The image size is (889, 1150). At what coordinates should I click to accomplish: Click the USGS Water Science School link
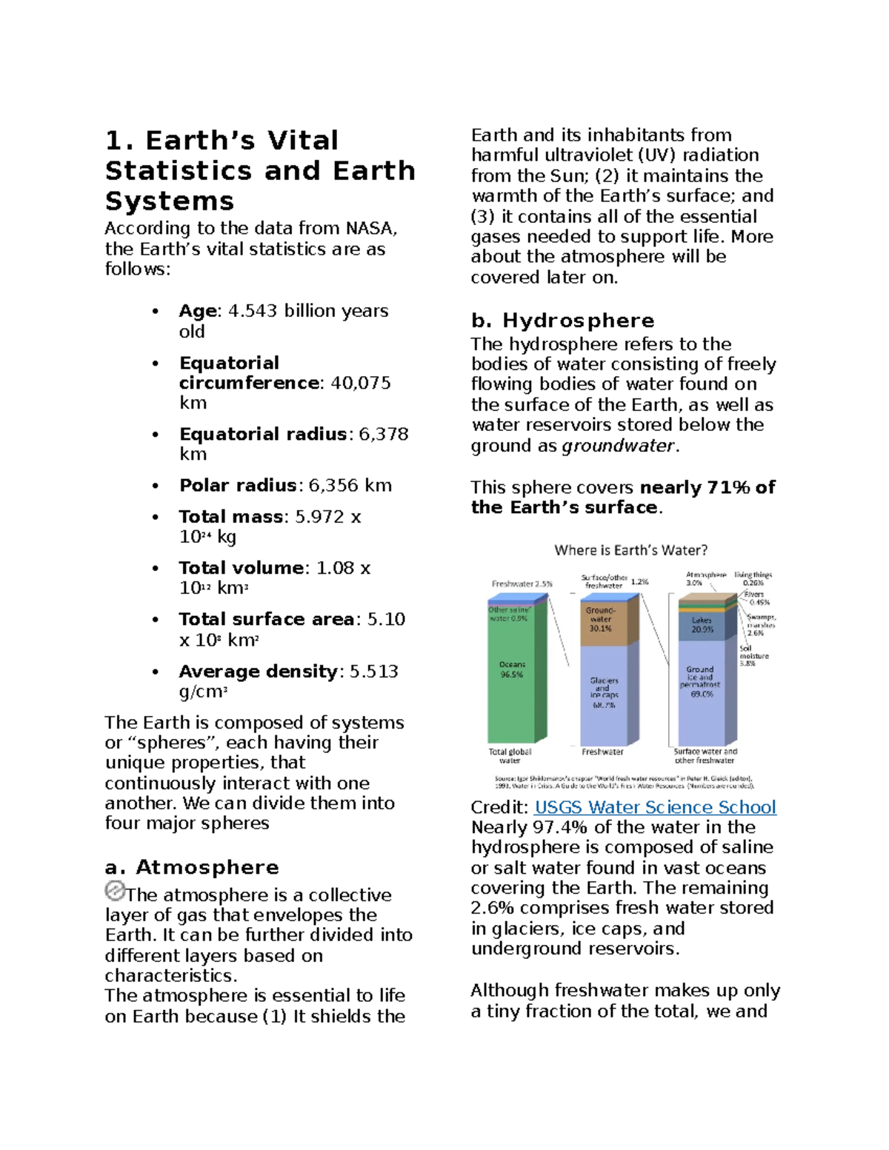click(x=655, y=807)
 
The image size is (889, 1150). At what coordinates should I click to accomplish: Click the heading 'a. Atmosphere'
click(x=192, y=867)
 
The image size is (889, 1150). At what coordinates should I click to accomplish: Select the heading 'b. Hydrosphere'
click(x=562, y=321)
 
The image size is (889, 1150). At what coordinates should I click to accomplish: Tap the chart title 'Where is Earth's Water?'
click(x=630, y=550)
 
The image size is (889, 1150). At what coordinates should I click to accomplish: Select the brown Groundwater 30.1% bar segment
click(x=601, y=620)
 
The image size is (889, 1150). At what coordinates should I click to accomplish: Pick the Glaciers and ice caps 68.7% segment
click(x=604, y=692)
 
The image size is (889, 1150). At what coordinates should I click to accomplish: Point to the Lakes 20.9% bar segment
click(x=702, y=625)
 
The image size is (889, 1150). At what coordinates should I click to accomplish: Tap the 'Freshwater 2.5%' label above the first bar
click(x=522, y=584)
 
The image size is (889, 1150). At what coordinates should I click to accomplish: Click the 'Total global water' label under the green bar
click(x=510, y=756)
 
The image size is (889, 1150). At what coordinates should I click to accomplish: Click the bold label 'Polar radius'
click(x=238, y=486)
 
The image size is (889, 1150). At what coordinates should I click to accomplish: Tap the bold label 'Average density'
click(x=258, y=672)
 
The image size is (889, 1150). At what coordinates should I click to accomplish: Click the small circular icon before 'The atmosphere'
click(x=115, y=891)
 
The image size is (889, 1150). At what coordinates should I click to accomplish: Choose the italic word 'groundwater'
click(x=619, y=446)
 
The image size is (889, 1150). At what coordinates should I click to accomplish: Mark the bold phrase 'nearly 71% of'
click(x=707, y=487)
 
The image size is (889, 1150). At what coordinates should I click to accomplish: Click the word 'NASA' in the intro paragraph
click(x=370, y=229)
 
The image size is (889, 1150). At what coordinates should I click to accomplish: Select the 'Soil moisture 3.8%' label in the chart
click(x=753, y=655)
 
